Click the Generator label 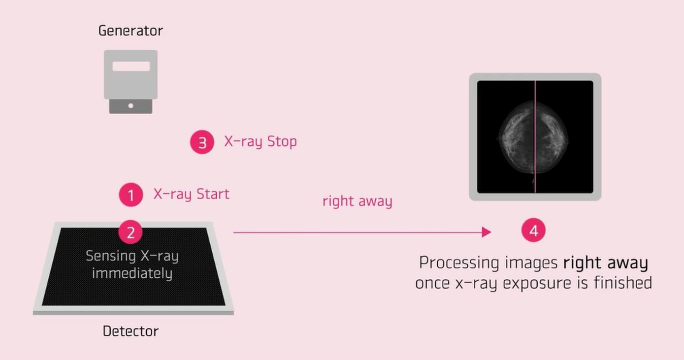pyautogui.click(x=130, y=31)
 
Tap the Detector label pyautogui.click(x=130, y=331)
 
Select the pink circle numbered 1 pyautogui.click(x=131, y=195)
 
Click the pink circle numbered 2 pyautogui.click(x=130, y=232)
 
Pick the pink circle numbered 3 pyautogui.click(x=202, y=142)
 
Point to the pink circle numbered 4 pyautogui.click(x=533, y=230)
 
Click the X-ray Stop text pyautogui.click(x=261, y=142)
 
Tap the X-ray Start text pyautogui.click(x=192, y=194)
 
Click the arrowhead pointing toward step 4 pyautogui.click(x=487, y=232)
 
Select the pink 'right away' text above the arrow pyautogui.click(x=358, y=201)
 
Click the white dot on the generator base pyautogui.click(x=130, y=106)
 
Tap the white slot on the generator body pyautogui.click(x=131, y=66)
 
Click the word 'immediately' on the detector pyautogui.click(x=132, y=273)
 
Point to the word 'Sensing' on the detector pyautogui.click(x=111, y=256)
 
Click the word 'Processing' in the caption pyautogui.click(x=459, y=263)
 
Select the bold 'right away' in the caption pyautogui.click(x=606, y=263)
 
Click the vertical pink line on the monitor pyautogui.click(x=535, y=137)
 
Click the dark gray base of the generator pyautogui.click(x=130, y=106)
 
